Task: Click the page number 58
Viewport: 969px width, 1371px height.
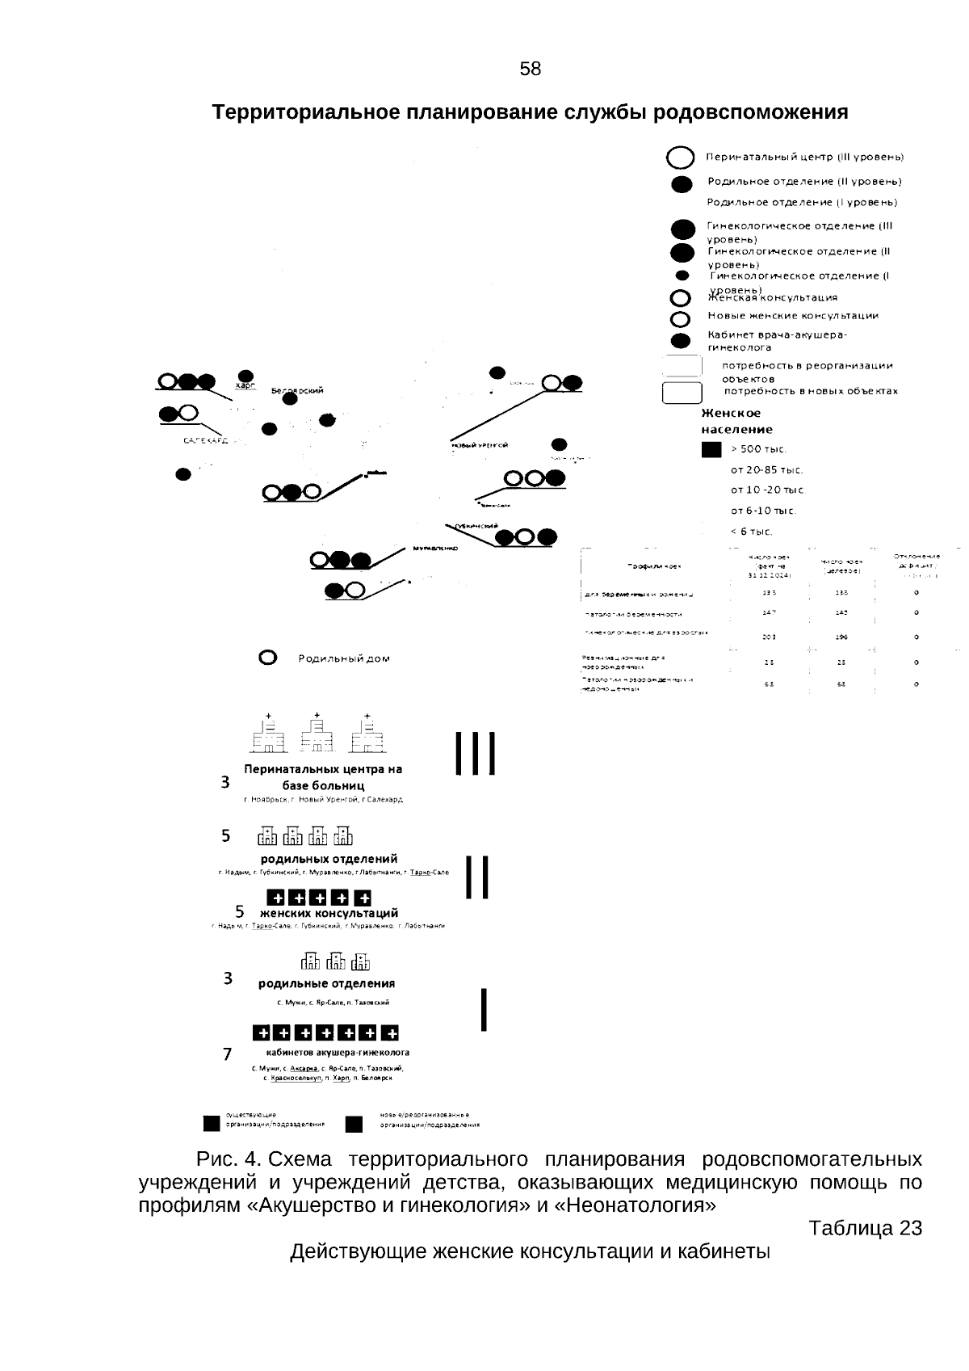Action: point(531,69)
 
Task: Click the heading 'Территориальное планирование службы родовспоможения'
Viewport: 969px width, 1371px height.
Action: point(530,112)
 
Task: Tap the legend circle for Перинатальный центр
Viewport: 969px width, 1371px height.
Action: point(681,158)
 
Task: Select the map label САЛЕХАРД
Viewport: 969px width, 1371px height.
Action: point(206,441)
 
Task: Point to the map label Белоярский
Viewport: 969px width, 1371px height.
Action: point(297,391)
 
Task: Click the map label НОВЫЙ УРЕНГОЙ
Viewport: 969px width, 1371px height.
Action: point(479,445)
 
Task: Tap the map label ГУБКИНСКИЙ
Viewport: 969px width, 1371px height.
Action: point(475,526)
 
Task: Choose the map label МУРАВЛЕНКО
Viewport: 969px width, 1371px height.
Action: point(435,548)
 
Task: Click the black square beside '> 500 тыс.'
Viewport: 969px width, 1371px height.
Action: point(711,450)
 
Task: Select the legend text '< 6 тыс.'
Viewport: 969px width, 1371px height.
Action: point(751,532)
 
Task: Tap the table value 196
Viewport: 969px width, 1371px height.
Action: point(841,637)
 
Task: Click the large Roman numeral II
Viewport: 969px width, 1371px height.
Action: point(477,877)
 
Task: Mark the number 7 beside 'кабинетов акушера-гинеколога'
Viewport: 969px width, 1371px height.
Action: point(228,1054)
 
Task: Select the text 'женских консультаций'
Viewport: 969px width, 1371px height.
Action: point(329,913)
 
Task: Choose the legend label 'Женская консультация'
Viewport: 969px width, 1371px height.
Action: point(773,297)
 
